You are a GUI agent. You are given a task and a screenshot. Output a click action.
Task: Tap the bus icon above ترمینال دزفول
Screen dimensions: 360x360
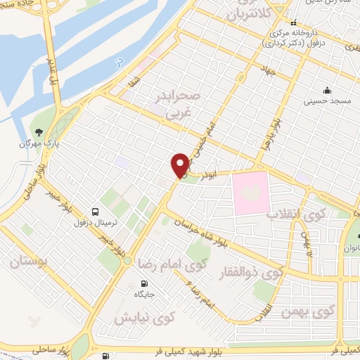(95, 211)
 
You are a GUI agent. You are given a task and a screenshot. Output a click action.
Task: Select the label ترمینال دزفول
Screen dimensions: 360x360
(95, 224)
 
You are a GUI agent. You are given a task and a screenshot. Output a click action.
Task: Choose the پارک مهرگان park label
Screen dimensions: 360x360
(39, 143)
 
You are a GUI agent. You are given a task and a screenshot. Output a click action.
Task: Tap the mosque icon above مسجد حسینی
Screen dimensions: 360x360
(326, 90)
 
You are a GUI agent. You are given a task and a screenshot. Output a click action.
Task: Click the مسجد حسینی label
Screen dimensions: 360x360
(326, 103)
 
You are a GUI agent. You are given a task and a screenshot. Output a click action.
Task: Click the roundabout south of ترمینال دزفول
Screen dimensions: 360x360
(127, 260)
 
